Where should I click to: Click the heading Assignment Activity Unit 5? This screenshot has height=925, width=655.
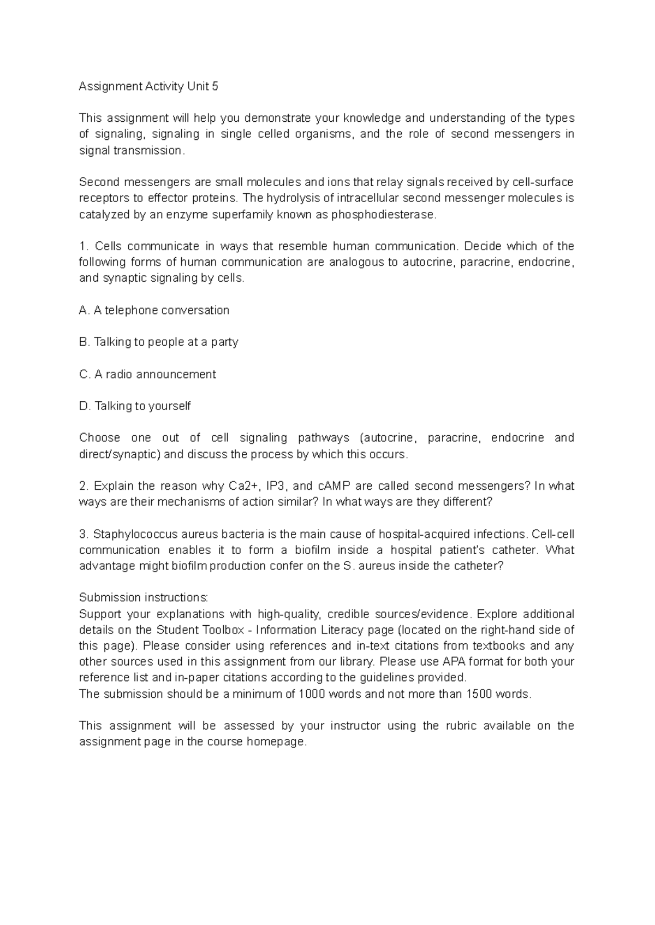[x=148, y=86]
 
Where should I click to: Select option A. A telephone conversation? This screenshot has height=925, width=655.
[x=154, y=310]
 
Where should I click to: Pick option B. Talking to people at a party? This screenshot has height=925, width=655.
[x=158, y=342]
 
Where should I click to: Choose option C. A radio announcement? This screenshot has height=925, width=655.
[x=147, y=374]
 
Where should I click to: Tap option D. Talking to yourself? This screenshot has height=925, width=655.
[x=135, y=406]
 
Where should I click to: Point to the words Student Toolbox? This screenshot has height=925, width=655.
[x=200, y=630]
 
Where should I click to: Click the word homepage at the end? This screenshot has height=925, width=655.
[x=277, y=742]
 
